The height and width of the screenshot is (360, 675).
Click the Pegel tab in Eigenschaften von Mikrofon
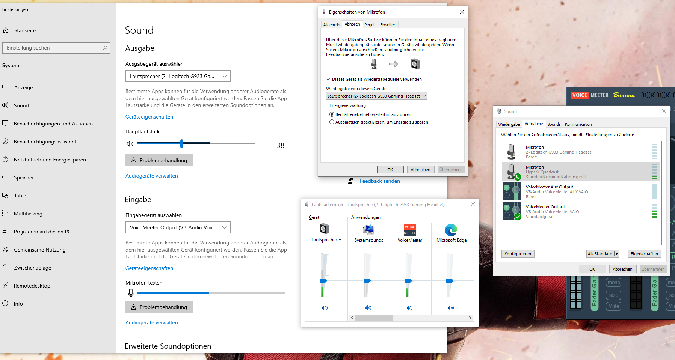[369, 25]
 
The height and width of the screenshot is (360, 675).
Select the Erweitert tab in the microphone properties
[388, 25]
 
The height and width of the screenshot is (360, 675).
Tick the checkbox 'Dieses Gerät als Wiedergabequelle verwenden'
[329, 79]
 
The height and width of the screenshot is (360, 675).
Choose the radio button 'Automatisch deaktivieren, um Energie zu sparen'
[332, 122]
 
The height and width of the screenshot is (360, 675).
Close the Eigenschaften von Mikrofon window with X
[462, 12]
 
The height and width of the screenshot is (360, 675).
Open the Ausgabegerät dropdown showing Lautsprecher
[178, 76]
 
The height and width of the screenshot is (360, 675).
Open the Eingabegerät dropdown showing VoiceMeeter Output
[178, 227]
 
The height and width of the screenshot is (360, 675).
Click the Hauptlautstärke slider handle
[182, 143]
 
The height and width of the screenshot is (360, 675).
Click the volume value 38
[281, 145]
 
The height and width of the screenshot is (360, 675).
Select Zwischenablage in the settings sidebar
[33, 268]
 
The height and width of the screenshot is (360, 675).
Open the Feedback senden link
[380, 181]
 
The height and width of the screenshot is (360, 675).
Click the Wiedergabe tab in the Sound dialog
[509, 124]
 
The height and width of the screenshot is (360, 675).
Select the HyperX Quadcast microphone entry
[580, 172]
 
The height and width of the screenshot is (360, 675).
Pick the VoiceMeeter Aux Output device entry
[580, 192]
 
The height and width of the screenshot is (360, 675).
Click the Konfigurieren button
[518, 254]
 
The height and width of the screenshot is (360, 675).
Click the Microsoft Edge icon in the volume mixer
[451, 230]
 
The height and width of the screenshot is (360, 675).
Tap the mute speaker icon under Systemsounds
[368, 308]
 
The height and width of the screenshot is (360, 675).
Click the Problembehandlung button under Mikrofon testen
[159, 307]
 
